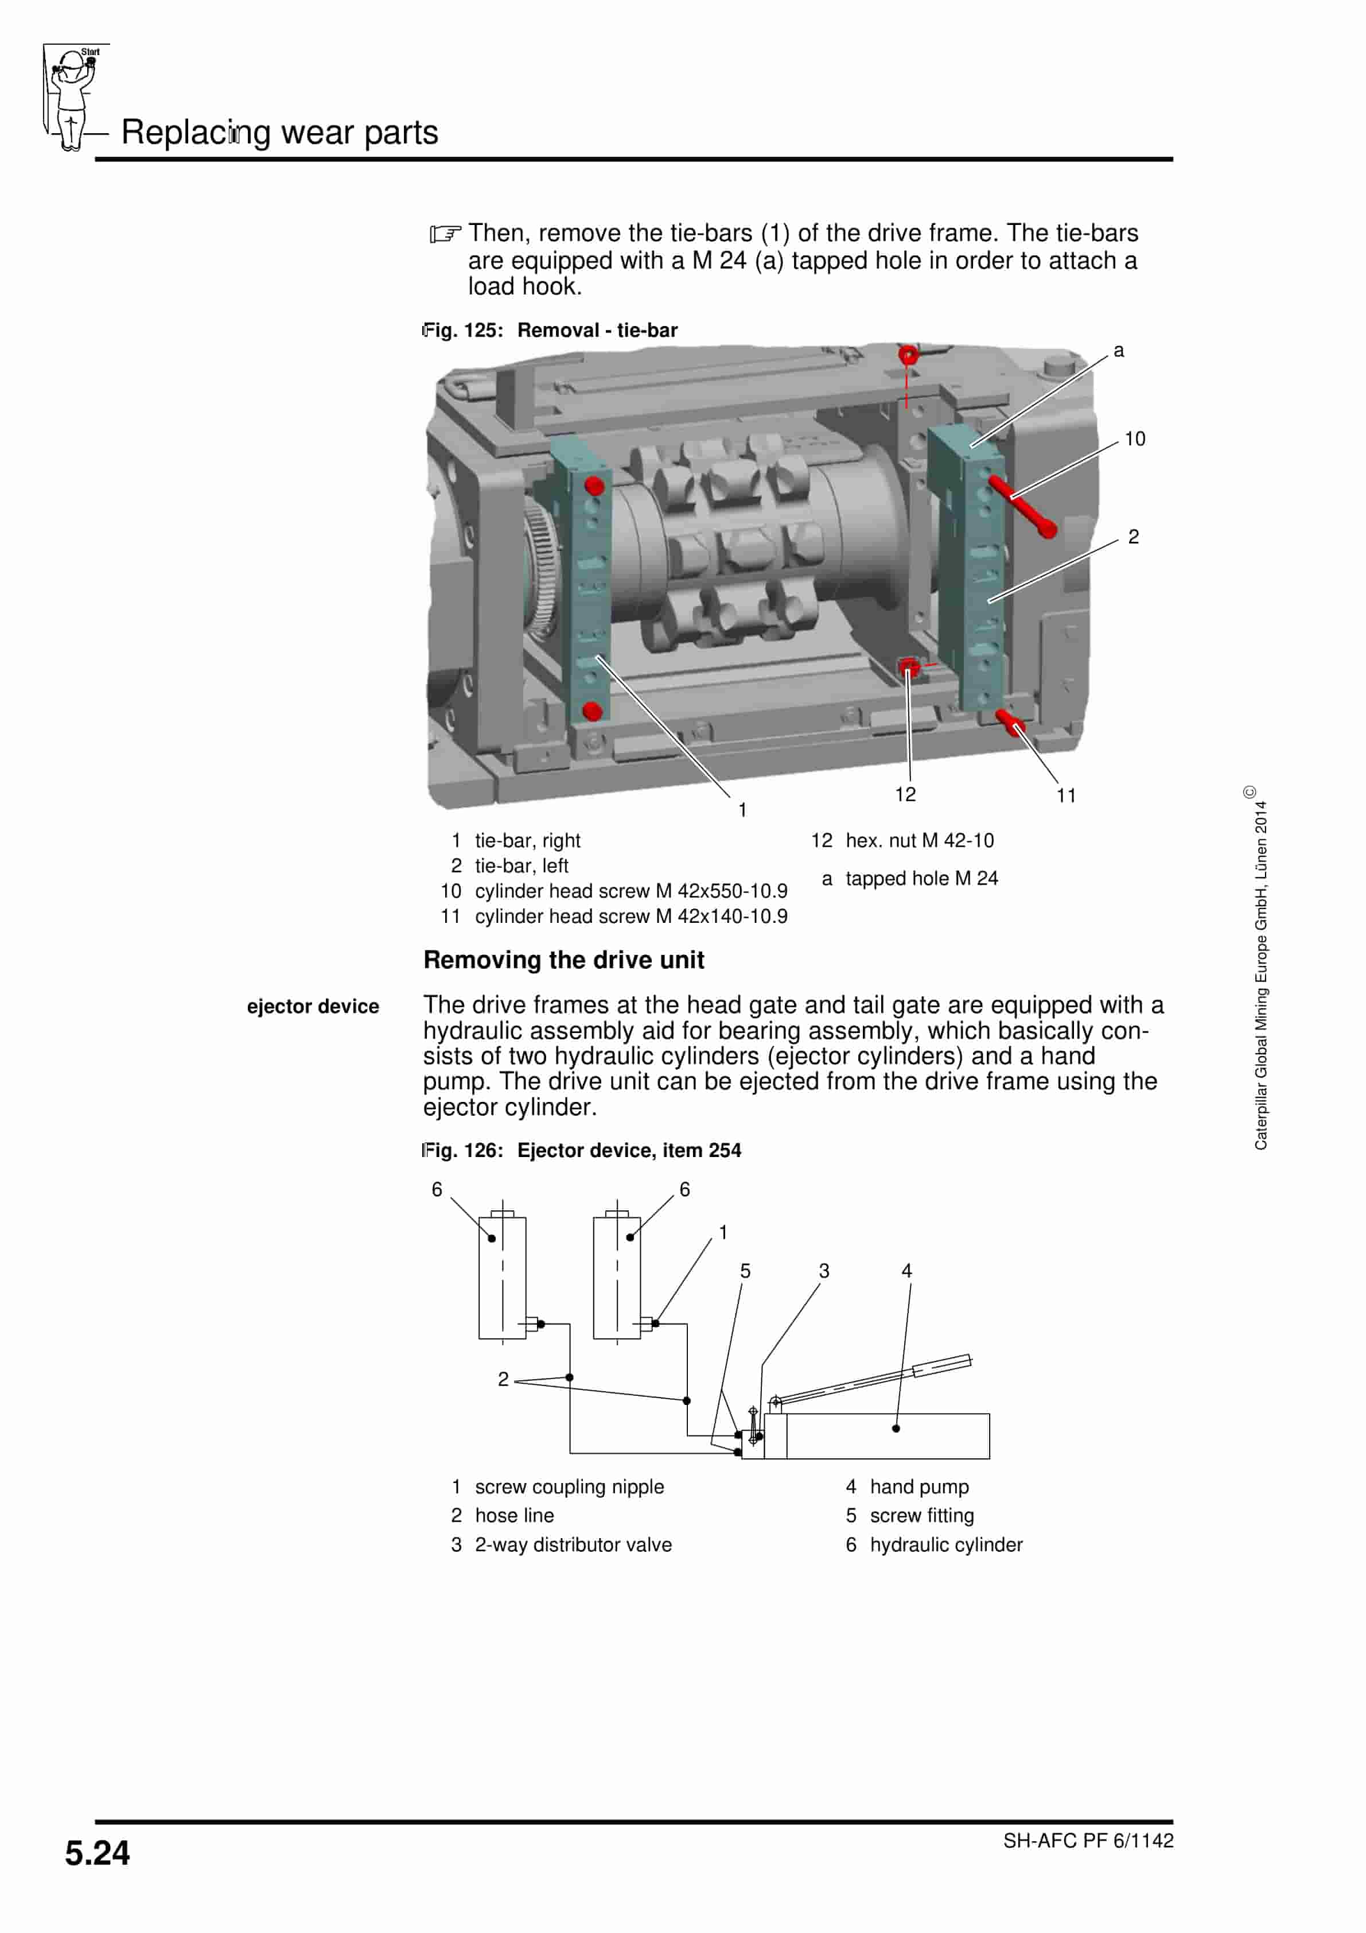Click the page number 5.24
[x=98, y=1853]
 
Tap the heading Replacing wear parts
[x=279, y=132]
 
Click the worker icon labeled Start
[x=73, y=97]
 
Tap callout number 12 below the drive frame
[x=905, y=794]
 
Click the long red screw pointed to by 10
[x=1022, y=506]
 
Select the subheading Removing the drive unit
[x=563, y=960]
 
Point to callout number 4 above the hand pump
[x=906, y=1271]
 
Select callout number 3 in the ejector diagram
[x=824, y=1271]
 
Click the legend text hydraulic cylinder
[x=946, y=1544]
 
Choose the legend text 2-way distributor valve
[x=573, y=1544]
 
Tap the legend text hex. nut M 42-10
[x=919, y=840]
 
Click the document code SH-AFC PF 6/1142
[x=1087, y=1841]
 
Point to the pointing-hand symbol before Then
[x=445, y=233]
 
